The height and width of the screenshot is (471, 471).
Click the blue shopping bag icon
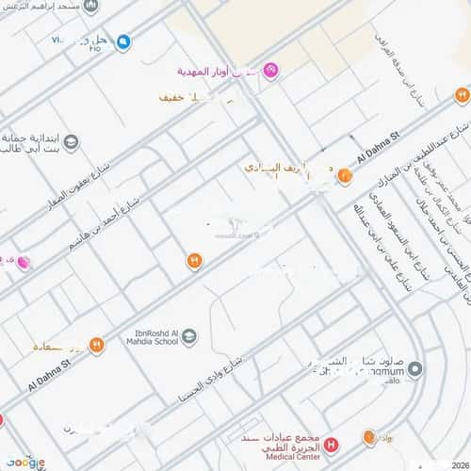(123, 41)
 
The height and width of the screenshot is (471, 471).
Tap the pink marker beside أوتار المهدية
(270, 70)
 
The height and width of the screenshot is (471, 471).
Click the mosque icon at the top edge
(90, 6)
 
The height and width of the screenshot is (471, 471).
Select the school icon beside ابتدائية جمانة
(72, 142)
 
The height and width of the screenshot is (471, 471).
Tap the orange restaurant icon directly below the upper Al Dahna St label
(345, 174)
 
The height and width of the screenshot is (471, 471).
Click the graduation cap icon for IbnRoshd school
(190, 336)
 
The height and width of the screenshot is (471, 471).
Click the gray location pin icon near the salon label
(416, 368)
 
